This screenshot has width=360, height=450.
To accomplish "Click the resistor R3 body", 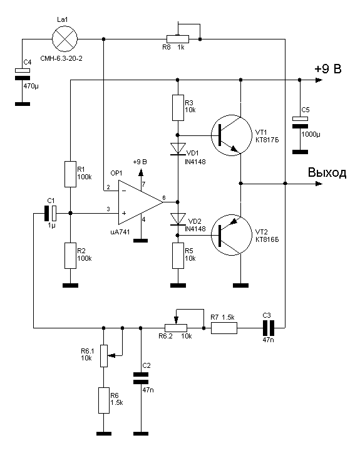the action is pyautogui.click(x=178, y=108).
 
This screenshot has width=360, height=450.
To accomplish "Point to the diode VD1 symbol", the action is pyautogui.click(x=178, y=149).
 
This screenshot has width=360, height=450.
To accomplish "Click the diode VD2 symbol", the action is pyautogui.click(x=178, y=219).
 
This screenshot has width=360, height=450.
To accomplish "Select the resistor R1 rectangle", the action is pyautogui.click(x=70, y=174).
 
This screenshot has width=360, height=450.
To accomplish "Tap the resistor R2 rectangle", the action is pyautogui.click(x=70, y=256).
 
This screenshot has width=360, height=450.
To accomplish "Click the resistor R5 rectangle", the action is pyautogui.click(x=178, y=256).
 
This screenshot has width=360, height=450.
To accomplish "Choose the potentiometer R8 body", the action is pyautogui.click(x=178, y=39).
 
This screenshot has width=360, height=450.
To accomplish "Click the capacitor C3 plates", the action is pyautogui.click(x=269, y=328).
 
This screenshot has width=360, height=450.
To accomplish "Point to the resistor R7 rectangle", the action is pyautogui.click(x=224, y=328).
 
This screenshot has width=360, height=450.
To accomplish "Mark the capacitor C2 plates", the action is pyautogui.click(x=141, y=379).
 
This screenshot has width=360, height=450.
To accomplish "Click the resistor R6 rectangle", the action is pyautogui.click(x=104, y=400).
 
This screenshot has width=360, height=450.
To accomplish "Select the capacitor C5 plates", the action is pyautogui.click(x=300, y=123).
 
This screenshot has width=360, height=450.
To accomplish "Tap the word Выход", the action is pyautogui.click(x=327, y=172).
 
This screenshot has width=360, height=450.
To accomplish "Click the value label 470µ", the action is pyautogui.click(x=31, y=85).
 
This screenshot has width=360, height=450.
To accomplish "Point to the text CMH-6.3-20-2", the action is pyautogui.click(x=61, y=58).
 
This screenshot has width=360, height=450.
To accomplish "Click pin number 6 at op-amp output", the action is pyautogui.click(x=164, y=197).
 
